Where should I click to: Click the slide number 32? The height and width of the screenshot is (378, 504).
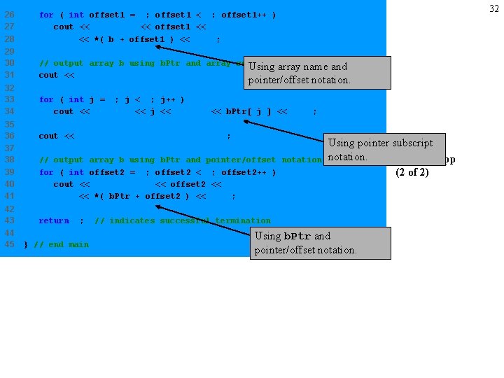tap(493, 8)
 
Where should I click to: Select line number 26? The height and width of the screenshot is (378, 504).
tap(9, 15)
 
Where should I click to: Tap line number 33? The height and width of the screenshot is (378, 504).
tap(9, 99)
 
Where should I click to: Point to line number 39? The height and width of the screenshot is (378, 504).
tap(9, 172)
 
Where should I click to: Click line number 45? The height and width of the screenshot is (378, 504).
tap(9, 244)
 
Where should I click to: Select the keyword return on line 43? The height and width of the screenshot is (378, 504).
tap(54, 220)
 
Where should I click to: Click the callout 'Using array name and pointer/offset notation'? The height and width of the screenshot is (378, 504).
tap(317, 73)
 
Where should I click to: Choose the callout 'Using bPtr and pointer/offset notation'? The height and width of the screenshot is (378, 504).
tap(321, 243)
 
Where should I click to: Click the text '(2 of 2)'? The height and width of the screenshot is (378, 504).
tap(412, 172)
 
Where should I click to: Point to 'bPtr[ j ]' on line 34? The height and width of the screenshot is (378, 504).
tap(249, 111)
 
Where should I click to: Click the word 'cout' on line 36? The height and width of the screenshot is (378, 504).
tap(48, 136)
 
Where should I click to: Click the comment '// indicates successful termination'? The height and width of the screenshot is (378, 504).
tap(182, 220)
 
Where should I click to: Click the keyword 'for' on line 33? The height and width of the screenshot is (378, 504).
tap(46, 99)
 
